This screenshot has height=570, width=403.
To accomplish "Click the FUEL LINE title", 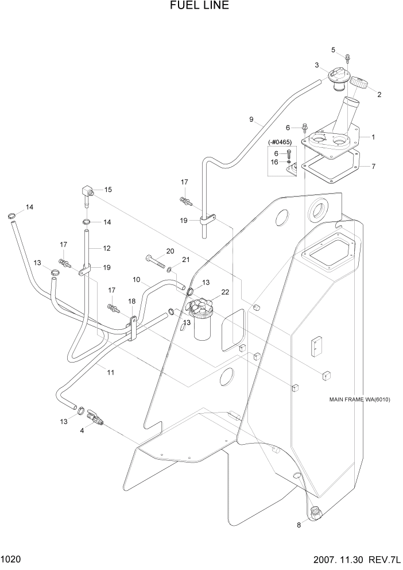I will tap(199, 6).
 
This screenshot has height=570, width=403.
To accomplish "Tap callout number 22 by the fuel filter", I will tap(225, 292).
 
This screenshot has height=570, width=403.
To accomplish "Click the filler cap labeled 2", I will tap(360, 83).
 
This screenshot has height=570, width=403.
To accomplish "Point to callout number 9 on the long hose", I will tap(251, 120).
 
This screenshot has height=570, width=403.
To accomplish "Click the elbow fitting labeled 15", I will tap(86, 192).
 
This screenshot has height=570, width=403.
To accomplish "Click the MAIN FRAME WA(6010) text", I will tap(360, 400).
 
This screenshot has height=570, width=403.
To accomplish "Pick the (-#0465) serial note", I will tap(280, 142).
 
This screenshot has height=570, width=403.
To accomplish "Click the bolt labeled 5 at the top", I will tap(348, 57).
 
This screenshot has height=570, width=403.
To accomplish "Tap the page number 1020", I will tap(11, 559).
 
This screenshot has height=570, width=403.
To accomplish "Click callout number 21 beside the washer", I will tap(185, 260).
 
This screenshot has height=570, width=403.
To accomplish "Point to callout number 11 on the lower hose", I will tap(110, 372).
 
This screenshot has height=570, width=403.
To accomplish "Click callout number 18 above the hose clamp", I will tap(131, 301).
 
